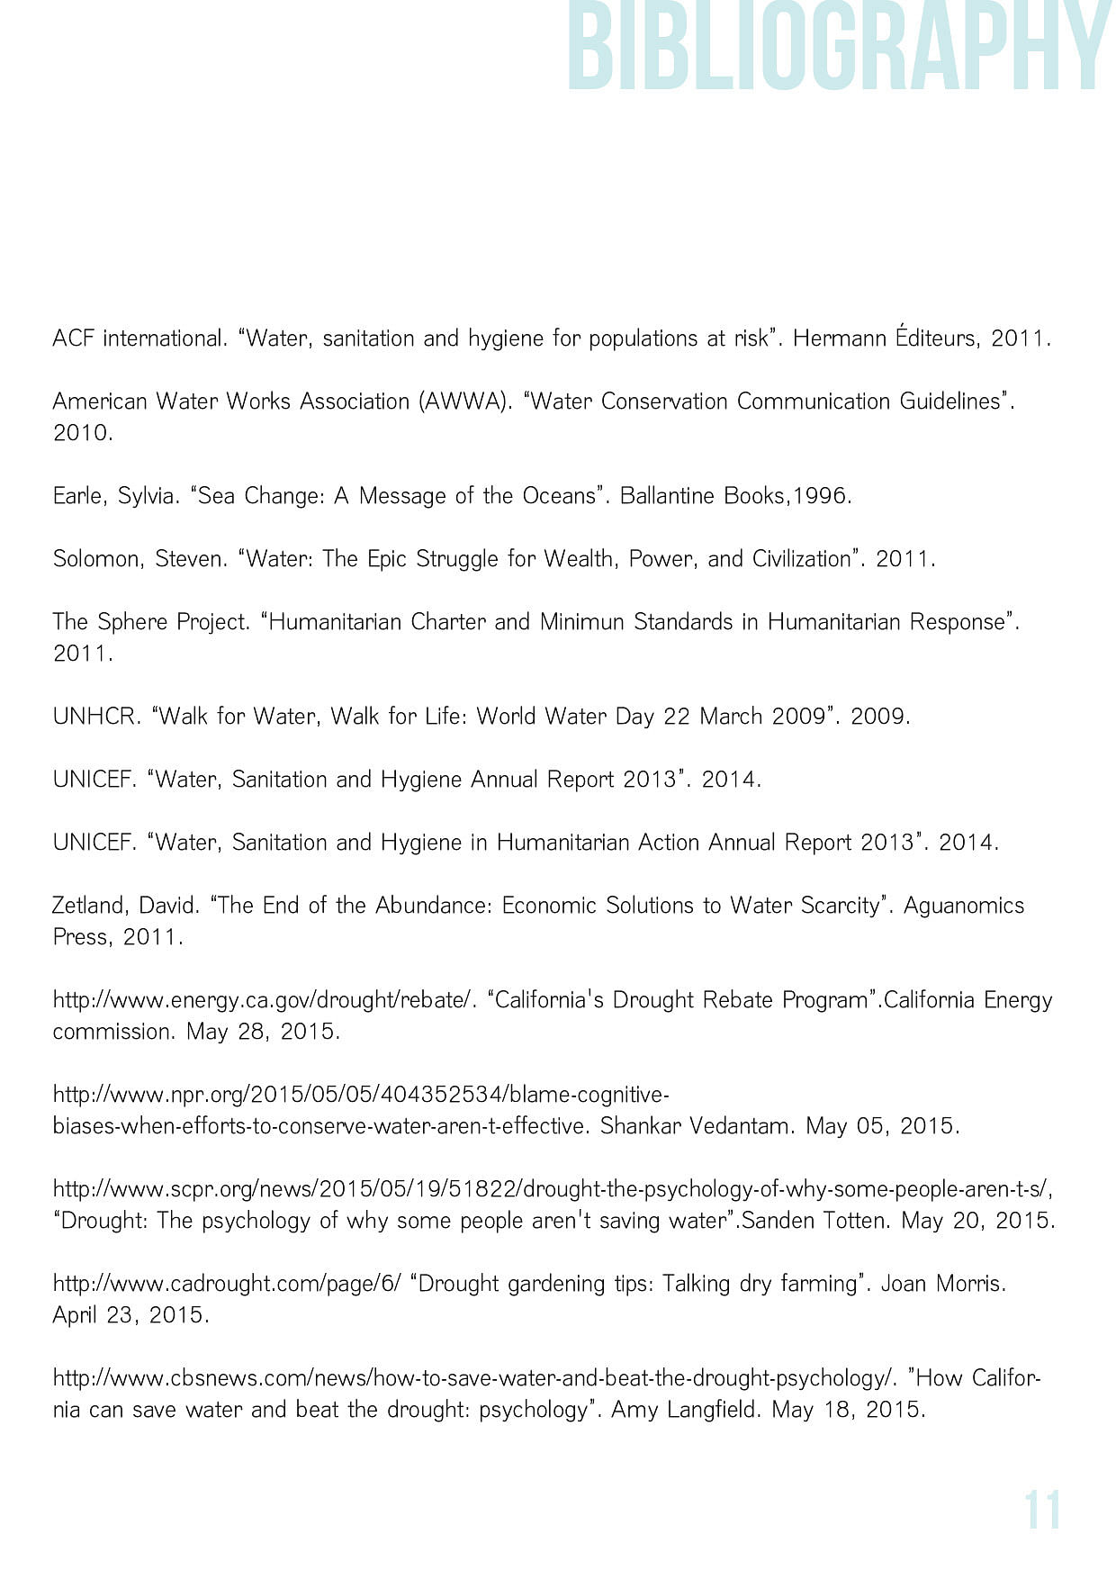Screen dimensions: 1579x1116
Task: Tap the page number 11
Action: [x=1042, y=1511]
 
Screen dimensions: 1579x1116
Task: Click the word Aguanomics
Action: [x=963, y=906]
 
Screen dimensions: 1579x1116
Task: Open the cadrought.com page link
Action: [x=227, y=1284]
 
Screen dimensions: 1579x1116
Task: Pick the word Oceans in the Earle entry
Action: [x=564, y=496]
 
